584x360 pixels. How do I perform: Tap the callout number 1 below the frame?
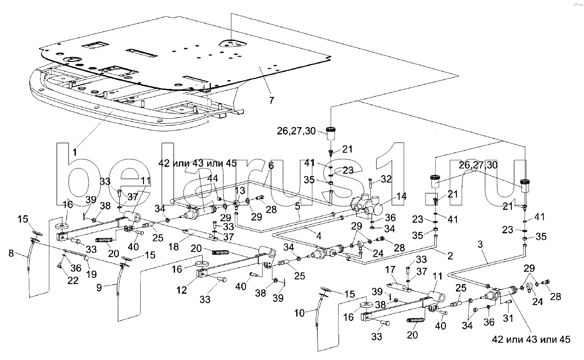(75, 151)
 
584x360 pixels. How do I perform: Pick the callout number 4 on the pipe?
(319, 236)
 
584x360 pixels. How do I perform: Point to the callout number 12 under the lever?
(182, 290)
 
